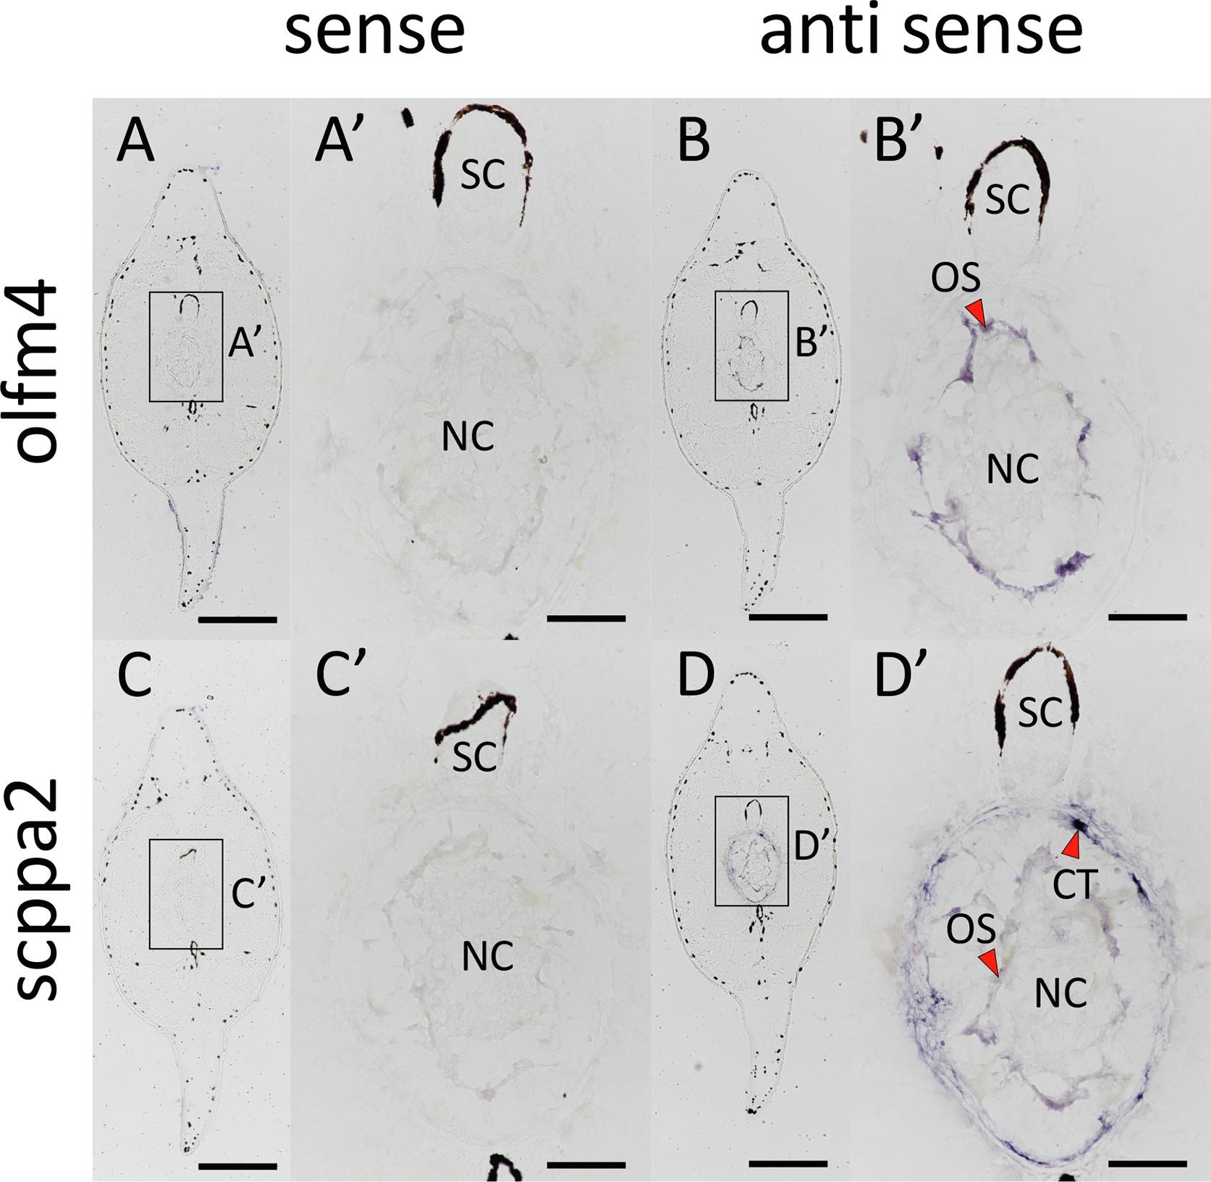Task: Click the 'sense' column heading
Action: click(x=374, y=33)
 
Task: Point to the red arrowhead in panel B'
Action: click(x=976, y=313)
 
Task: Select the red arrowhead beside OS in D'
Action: click(x=990, y=963)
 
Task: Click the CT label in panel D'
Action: click(x=1074, y=884)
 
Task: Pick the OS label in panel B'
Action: click(x=955, y=277)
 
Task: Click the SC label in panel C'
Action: click(x=475, y=757)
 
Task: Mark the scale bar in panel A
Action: click(x=237, y=619)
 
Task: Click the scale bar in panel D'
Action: click(x=1147, y=1163)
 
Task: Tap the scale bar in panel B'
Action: click(x=1147, y=617)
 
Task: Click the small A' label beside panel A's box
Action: click(x=243, y=345)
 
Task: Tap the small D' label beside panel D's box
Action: click(x=811, y=848)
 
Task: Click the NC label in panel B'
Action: click(x=1013, y=470)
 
